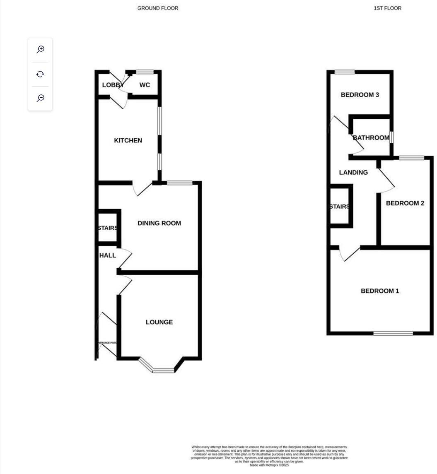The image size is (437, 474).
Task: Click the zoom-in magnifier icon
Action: [40, 50]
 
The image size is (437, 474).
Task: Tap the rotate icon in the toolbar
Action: [40, 74]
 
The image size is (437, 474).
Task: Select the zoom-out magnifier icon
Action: [40, 98]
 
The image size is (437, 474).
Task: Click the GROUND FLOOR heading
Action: [158, 8]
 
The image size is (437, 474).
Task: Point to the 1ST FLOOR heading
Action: [387, 8]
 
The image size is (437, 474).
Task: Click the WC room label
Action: [145, 85]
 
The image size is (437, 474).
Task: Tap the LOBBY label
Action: [113, 85]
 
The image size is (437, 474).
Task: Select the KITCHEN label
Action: [128, 141]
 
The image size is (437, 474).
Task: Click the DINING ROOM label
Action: [159, 224]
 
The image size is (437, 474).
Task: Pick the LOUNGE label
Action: [159, 322]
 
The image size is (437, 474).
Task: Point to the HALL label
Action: [108, 256]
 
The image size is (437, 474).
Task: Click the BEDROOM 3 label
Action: [360, 95]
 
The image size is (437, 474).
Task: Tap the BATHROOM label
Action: [371, 138]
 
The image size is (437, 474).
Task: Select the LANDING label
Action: [353, 173]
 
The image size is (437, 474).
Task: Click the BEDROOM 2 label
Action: [405, 203]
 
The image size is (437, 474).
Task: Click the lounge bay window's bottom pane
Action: [164, 371]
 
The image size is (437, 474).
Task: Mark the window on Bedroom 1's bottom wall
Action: [393, 333]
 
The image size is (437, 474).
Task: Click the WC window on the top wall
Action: [145, 72]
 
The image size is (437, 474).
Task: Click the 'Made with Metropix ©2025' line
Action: [269, 465]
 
